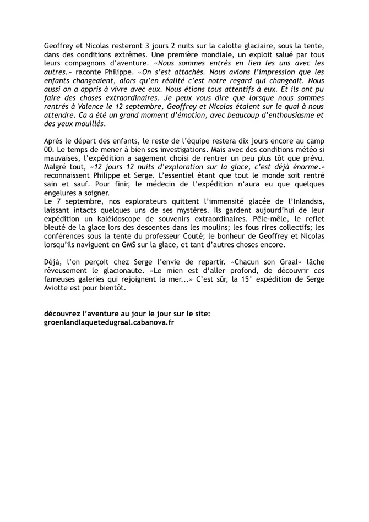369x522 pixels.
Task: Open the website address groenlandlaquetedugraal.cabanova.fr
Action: tap(109, 323)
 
